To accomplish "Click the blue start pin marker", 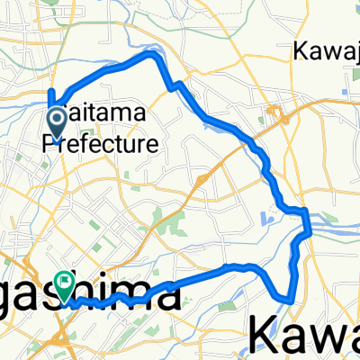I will tap(55, 124).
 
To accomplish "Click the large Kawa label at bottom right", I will tap(302, 335).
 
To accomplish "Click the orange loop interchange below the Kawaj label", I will tap(280, 116).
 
